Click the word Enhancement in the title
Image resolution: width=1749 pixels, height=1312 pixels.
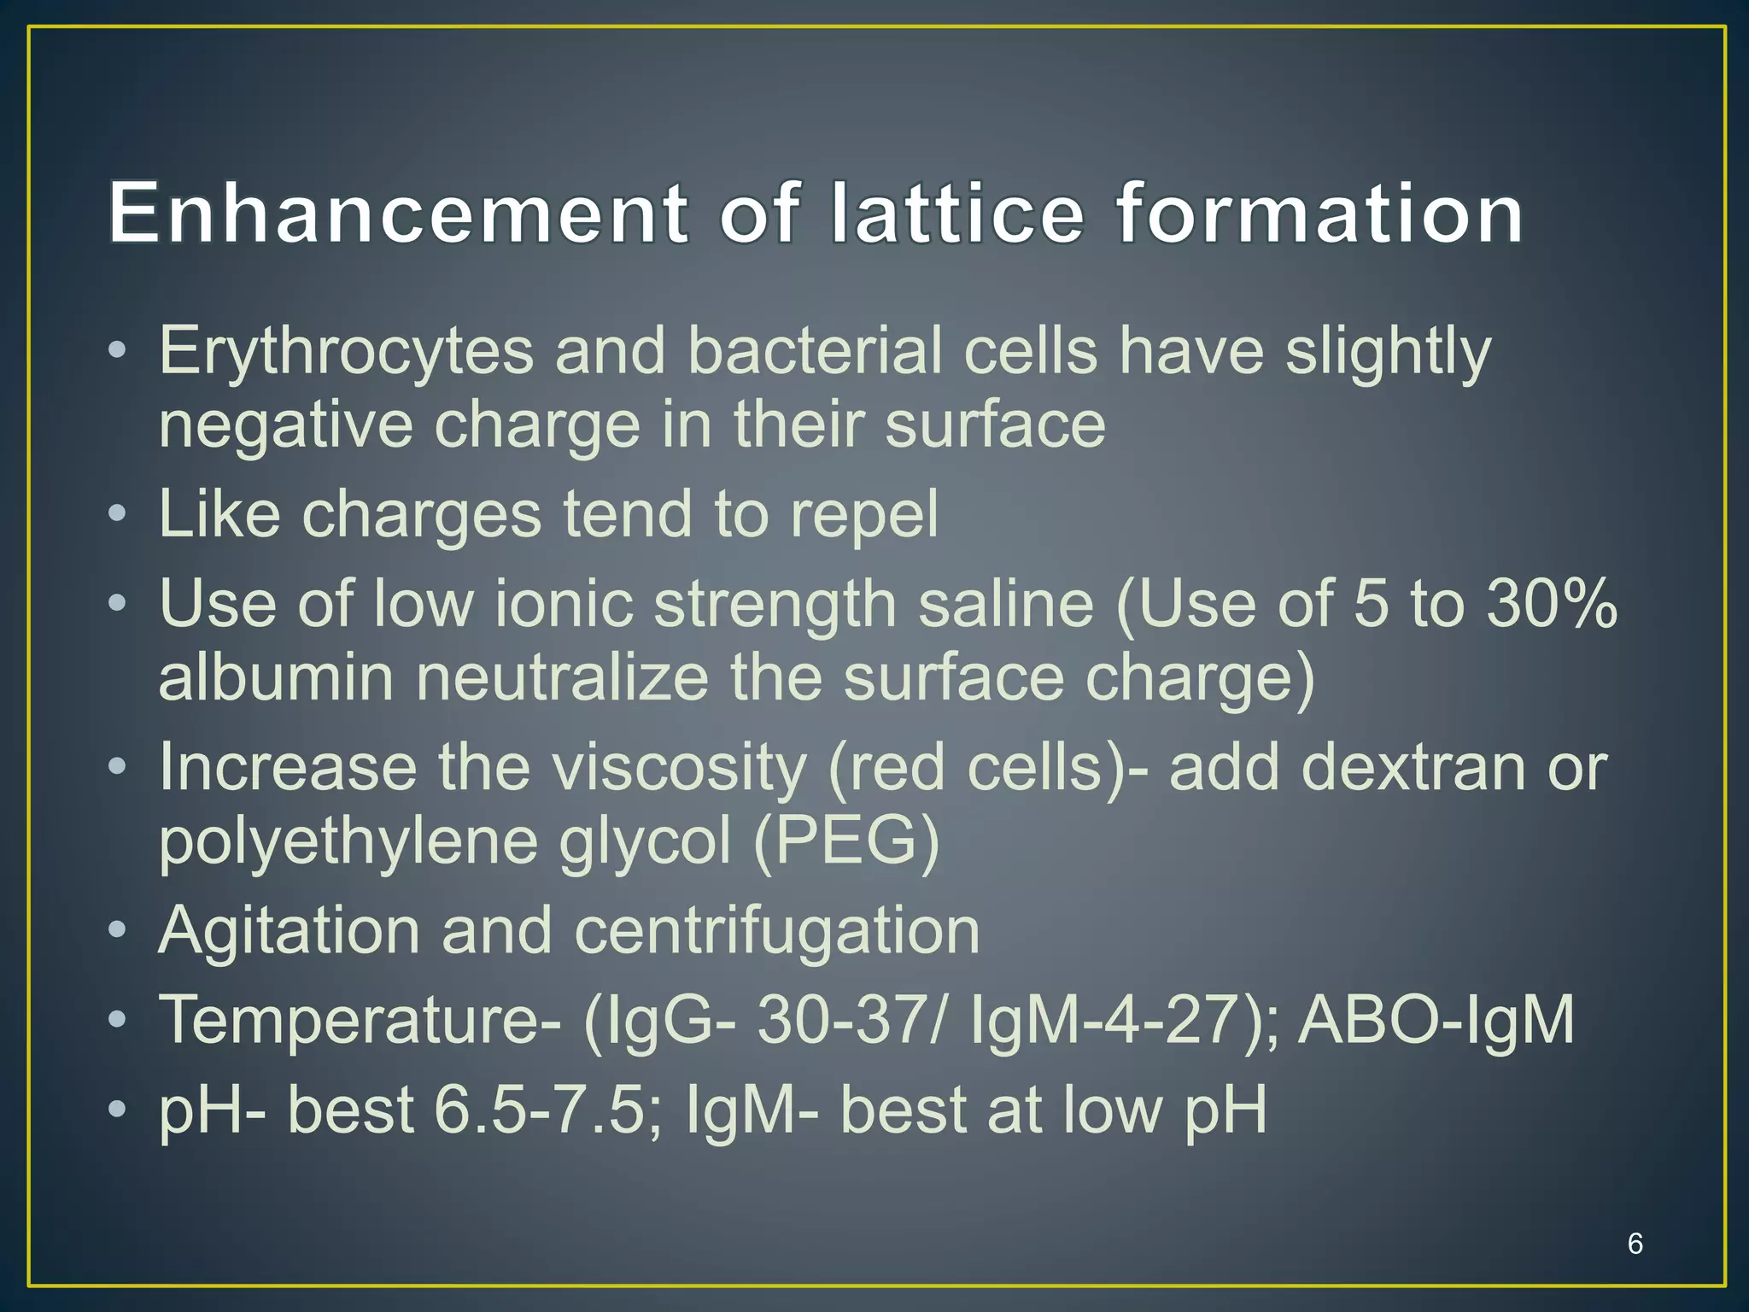(397, 213)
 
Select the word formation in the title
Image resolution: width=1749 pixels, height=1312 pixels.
(1319, 213)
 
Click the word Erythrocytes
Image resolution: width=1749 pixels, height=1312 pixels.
(346, 352)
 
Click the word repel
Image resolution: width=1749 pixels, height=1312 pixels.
(863, 515)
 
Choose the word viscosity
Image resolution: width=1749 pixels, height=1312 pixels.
(679, 768)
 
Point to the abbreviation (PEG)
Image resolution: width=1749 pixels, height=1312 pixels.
(845, 841)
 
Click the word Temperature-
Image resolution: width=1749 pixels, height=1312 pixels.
(360, 1020)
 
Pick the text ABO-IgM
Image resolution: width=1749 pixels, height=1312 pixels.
(1436, 1020)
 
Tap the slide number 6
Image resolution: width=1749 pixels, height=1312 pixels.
(1635, 1244)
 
